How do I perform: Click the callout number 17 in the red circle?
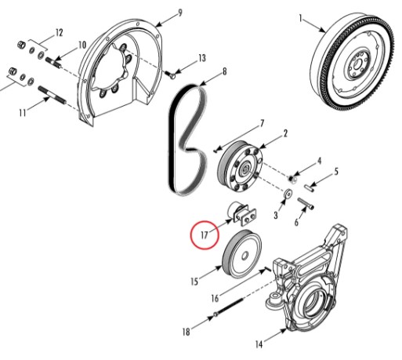point(205,235)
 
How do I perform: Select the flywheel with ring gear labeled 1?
point(351,64)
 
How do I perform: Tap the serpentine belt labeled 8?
point(187,140)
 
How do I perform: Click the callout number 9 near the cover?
point(179,13)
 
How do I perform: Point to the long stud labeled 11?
point(53,95)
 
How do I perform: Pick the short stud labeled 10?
point(54,63)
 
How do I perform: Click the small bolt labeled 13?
point(172,75)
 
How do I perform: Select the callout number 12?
point(60,33)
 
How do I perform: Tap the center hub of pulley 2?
point(245,169)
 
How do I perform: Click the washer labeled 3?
point(288,195)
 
